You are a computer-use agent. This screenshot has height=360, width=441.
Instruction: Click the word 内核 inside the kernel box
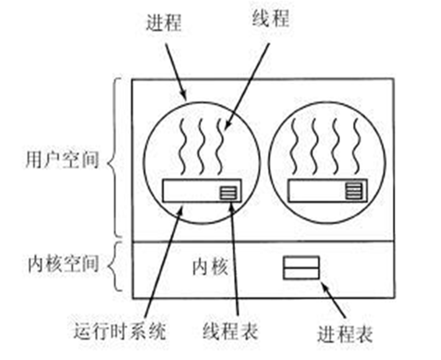[210, 268]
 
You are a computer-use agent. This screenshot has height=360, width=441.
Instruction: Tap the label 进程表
[345, 333]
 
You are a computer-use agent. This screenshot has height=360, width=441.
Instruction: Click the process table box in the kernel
[301, 268]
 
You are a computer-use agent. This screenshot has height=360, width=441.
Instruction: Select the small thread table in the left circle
[228, 191]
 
